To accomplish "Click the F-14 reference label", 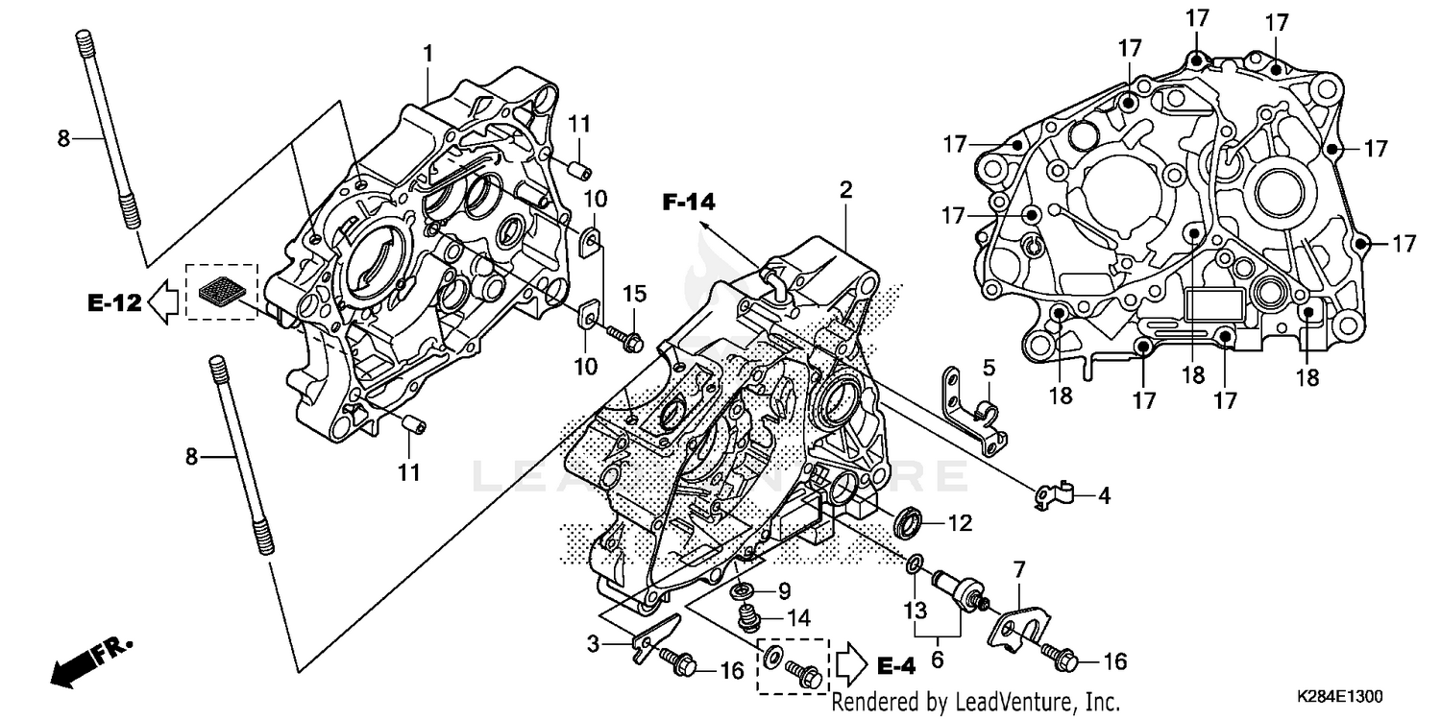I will coord(689,202).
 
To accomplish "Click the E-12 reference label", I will coord(114,303).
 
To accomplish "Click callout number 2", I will coord(845,190).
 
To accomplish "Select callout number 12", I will coord(960,524).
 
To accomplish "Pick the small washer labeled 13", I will coord(915,562).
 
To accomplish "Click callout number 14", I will coord(799,616).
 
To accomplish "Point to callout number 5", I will coord(989,367).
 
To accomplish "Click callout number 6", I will coord(937,660).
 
